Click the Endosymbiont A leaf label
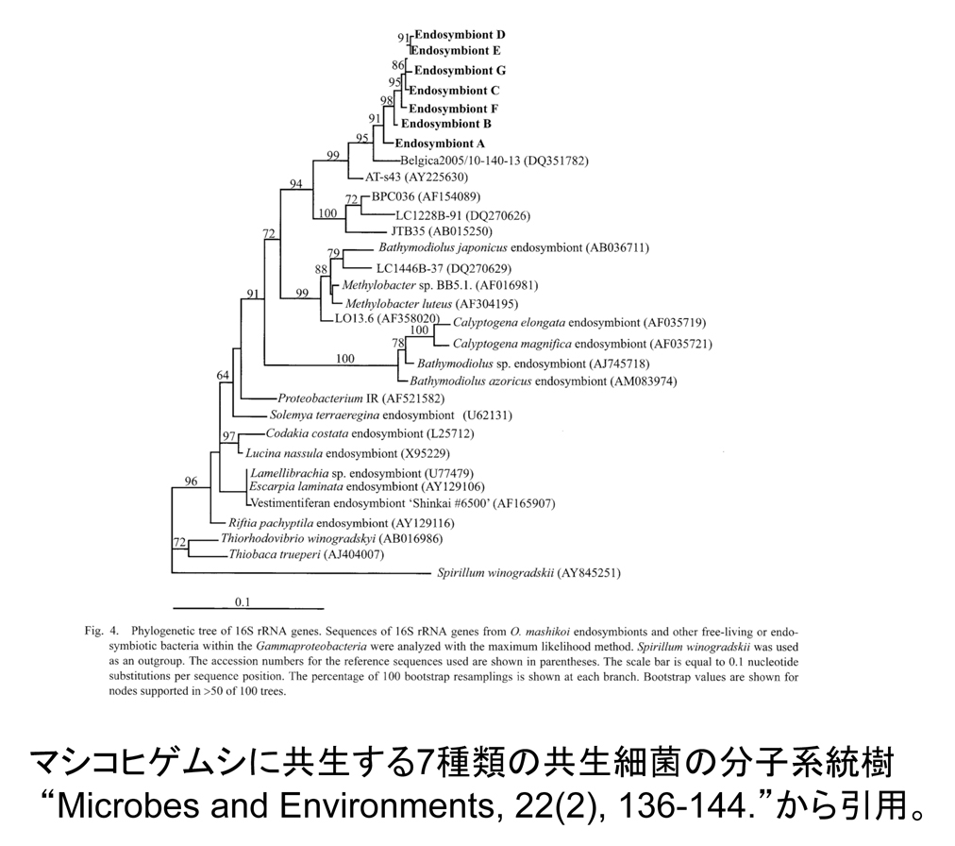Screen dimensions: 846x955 point(439,144)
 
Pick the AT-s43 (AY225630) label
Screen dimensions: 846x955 point(423,177)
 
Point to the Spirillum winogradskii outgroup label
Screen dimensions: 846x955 point(528,572)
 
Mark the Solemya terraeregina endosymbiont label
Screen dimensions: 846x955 point(358,415)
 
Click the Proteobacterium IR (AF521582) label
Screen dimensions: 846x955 point(360,398)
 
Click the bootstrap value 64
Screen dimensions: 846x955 point(223,376)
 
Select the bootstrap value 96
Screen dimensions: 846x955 point(191,482)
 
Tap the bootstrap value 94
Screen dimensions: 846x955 point(295,184)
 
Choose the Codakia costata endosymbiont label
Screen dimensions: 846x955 point(370,433)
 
